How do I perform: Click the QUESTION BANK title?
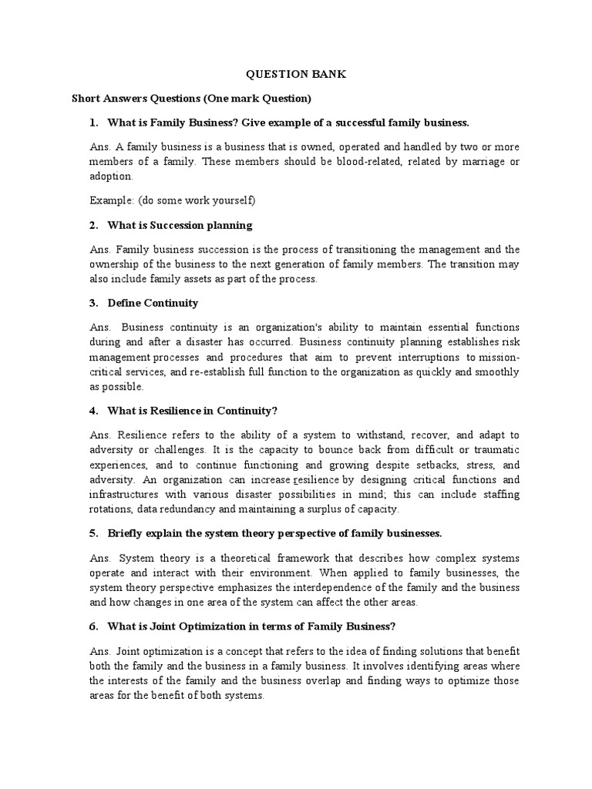[x=296, y=75]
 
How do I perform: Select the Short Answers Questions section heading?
[x=191, y=99]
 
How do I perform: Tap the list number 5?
[x=92, y=533]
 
